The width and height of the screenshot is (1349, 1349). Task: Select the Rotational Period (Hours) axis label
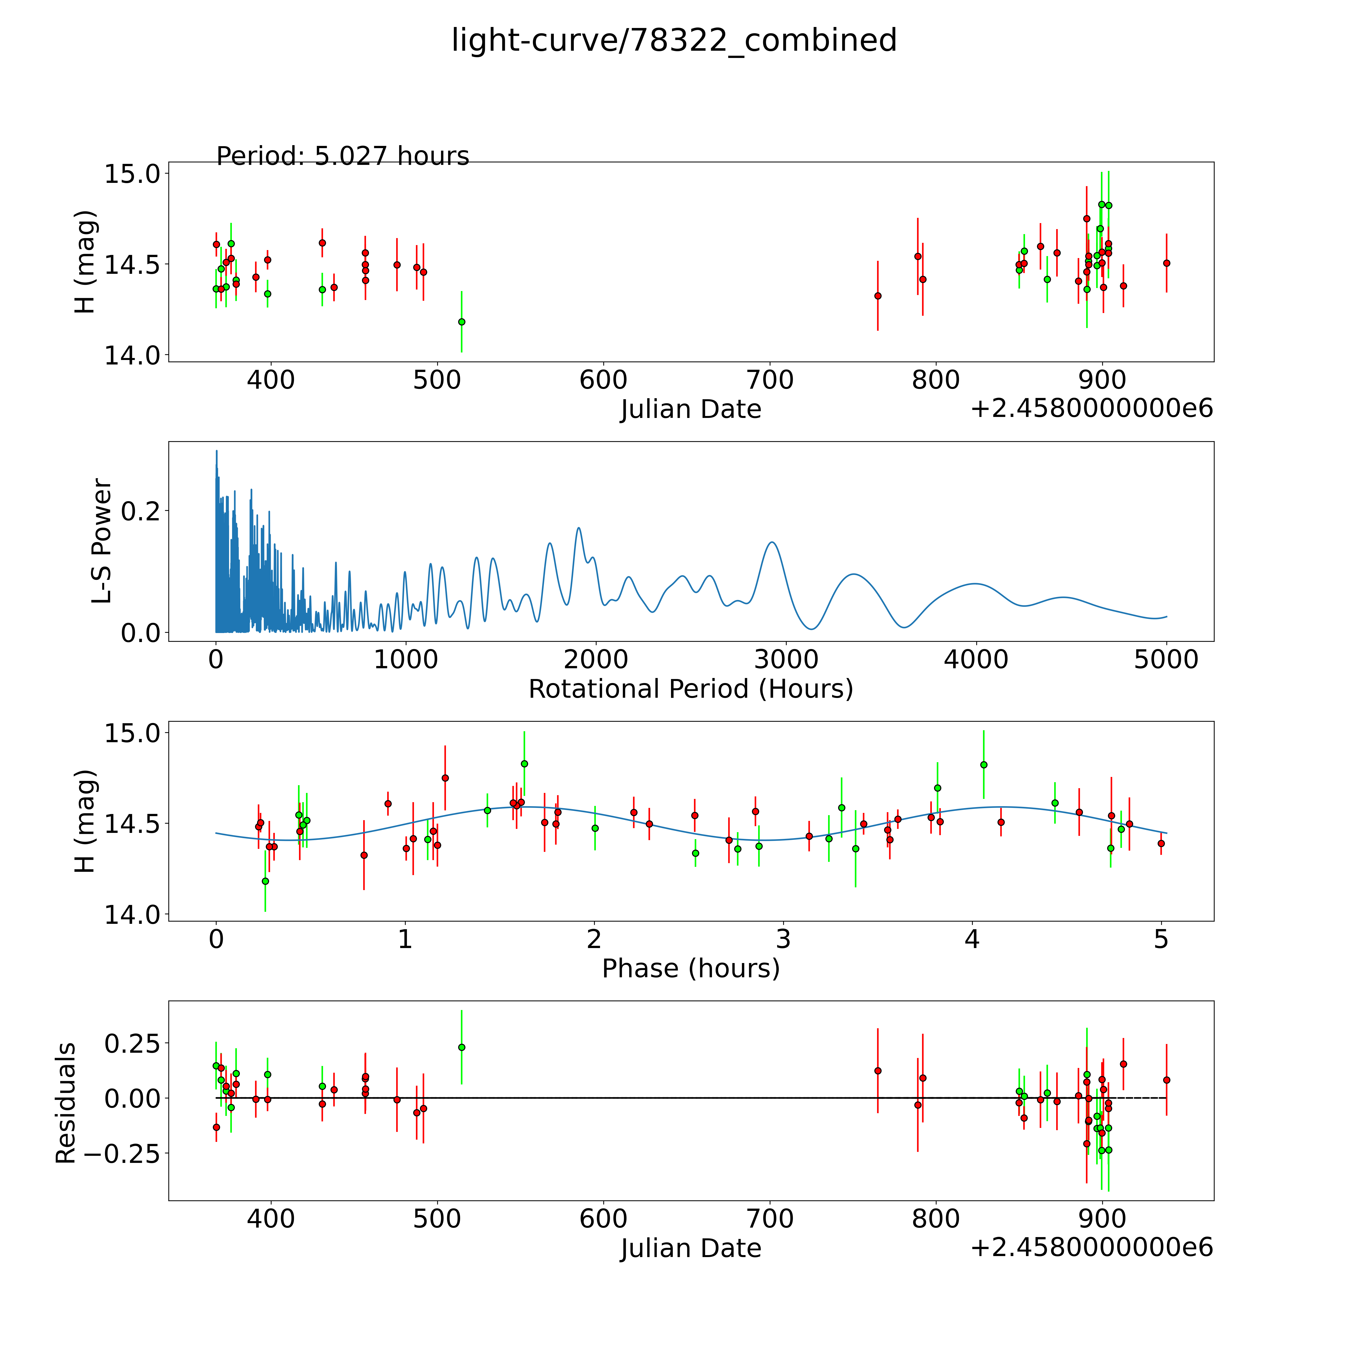tap(690, 689)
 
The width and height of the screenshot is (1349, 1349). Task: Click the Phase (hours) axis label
tap(690, 969)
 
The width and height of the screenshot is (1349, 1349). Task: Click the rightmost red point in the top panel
tap(1166, 263)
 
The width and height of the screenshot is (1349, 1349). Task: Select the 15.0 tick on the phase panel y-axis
tap(133, 732)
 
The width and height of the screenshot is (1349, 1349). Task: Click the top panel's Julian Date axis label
tap(690, 409)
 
